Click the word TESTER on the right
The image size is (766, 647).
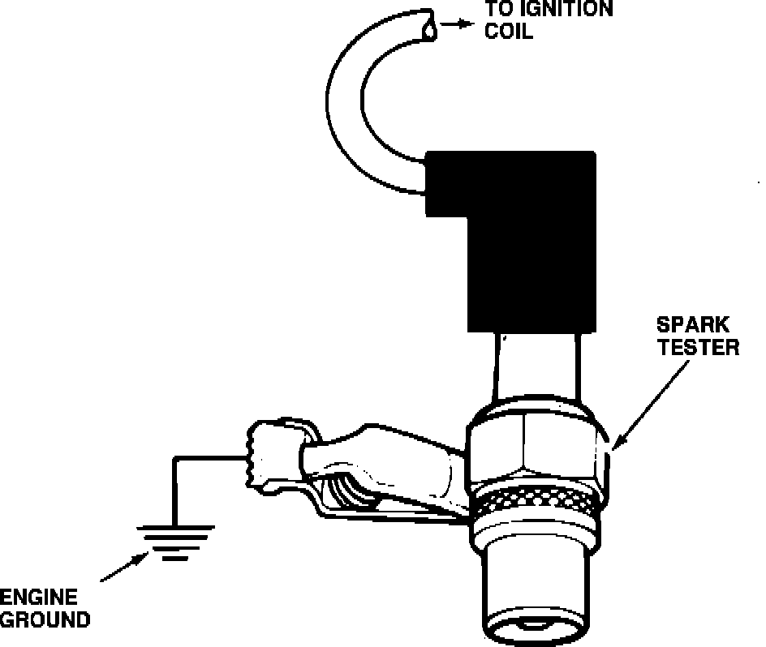click(x=699, y=349)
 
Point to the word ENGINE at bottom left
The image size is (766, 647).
click(x=38, y=598)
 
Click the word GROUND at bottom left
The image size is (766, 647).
click(x=45, y=621)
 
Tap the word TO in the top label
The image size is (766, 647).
click(x=501, y=10)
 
